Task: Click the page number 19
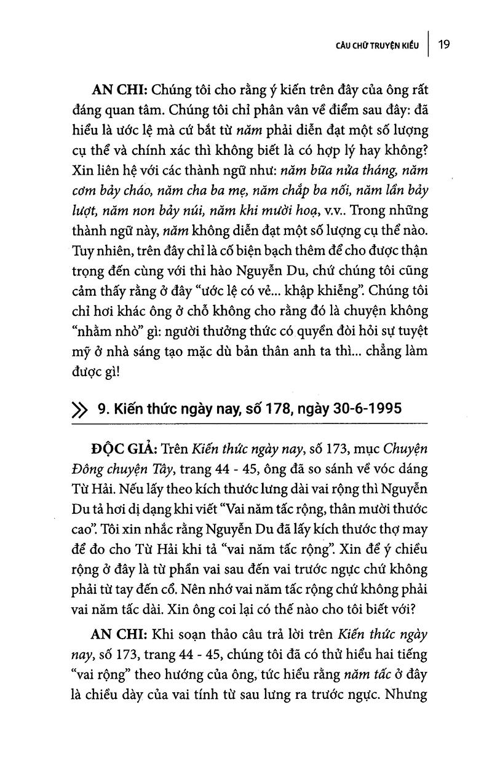(x=445, y=45)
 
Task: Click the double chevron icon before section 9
(x=80, y=409)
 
